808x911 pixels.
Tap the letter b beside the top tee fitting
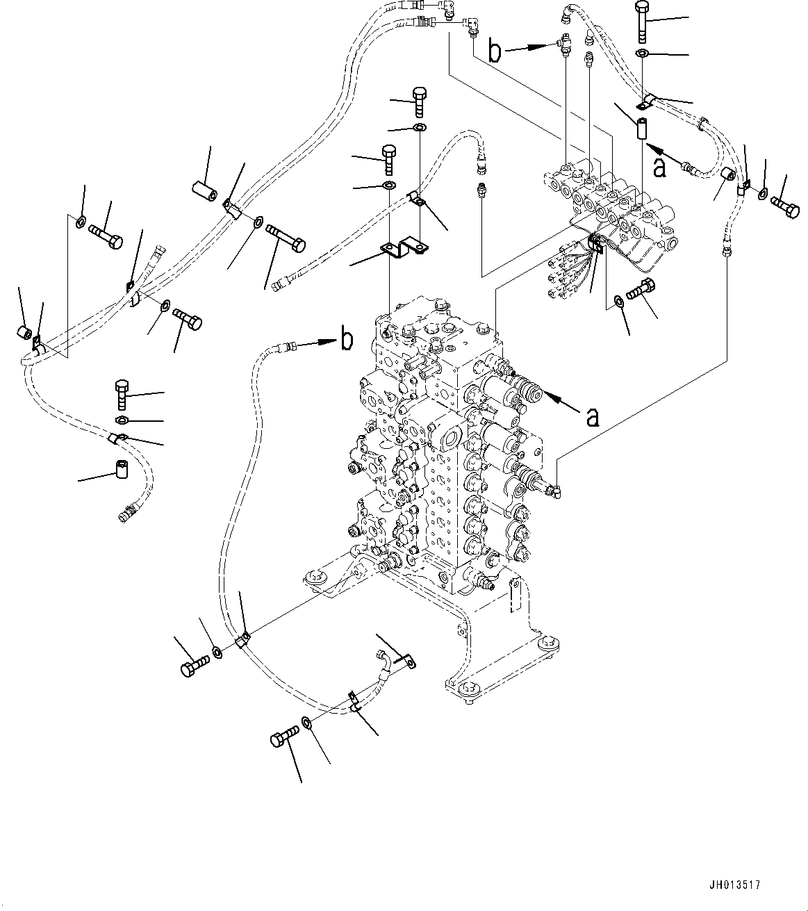495,52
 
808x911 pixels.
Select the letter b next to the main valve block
345,340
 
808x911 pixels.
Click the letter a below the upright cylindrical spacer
660,167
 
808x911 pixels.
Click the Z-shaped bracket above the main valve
402,249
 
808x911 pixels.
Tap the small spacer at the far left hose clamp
23,334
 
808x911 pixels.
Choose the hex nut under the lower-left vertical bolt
122,420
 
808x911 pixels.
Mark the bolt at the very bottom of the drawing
286,734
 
